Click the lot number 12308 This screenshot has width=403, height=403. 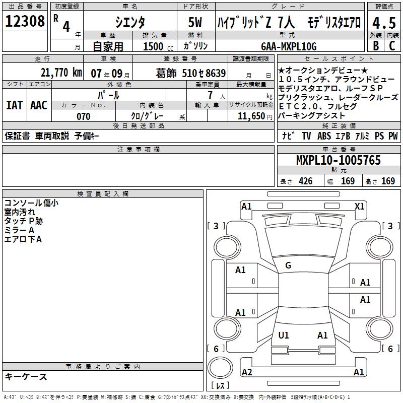point(25,21)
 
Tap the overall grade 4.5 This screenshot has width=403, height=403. point(384,23)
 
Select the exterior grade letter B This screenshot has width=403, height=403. point(376,46)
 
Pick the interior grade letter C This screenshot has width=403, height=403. point(392,46)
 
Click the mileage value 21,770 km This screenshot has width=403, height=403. point(61,73)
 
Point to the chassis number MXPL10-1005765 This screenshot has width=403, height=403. point(339,160)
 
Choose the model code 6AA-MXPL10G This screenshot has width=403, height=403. point(289,46)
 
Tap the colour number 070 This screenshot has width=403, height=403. point(84,116)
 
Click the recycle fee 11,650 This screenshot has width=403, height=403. point(251,116)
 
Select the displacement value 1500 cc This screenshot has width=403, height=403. point(158,46)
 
